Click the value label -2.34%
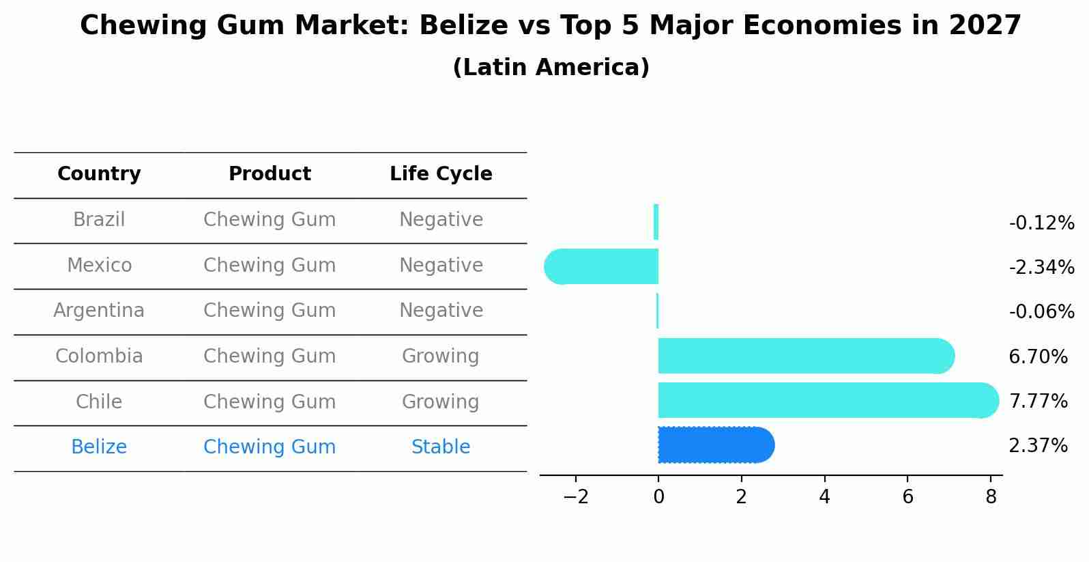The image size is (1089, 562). (1041, 267)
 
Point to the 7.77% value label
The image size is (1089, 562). (1038, 401)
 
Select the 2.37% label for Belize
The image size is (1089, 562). (1038, 446)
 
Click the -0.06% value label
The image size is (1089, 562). (1041, 312)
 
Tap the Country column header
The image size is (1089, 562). (99, 174)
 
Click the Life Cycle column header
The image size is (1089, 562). (441, 174)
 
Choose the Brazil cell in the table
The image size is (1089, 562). (99, 220)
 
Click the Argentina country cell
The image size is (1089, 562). (99, 311)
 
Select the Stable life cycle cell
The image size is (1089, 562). (441, 447)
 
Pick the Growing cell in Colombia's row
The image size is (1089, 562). (441, 356)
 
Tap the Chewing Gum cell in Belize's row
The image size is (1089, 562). (270, 447)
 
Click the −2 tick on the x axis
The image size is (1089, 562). (576, 497)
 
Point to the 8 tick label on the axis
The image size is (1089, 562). (991, 497)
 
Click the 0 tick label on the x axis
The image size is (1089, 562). (658, 497)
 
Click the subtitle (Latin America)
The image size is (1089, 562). (551, 68)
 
